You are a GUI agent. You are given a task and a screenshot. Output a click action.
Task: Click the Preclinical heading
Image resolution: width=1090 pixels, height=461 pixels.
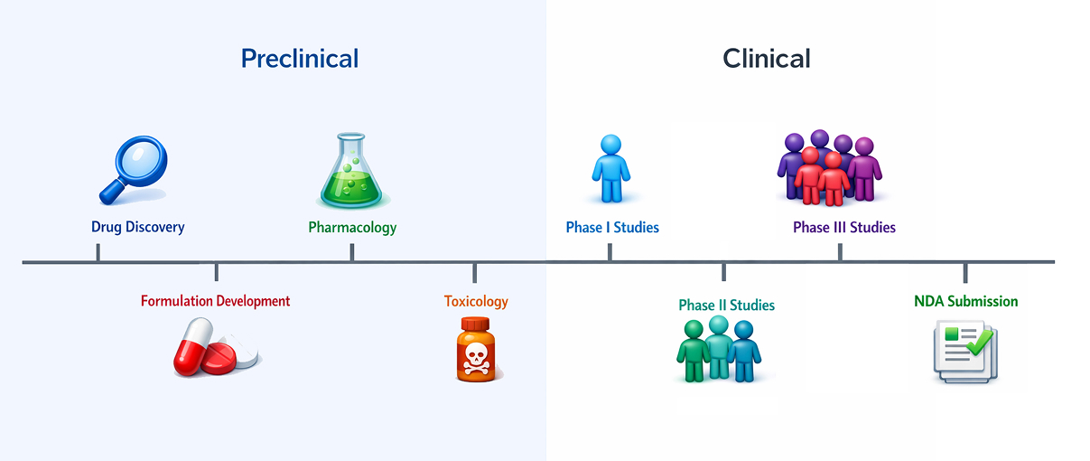(300, 59)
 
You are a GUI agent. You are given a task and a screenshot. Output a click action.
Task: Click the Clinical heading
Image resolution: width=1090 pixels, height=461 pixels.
(767, 59)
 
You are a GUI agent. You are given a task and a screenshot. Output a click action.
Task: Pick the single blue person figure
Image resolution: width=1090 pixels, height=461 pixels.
(610, 169)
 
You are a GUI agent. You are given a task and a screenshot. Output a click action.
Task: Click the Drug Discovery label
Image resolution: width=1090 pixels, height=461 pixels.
(138, 227)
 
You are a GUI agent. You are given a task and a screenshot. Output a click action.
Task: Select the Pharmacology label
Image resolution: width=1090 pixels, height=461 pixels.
(352, 227)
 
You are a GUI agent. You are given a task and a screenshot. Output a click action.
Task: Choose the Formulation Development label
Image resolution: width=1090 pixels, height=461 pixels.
(216, 301)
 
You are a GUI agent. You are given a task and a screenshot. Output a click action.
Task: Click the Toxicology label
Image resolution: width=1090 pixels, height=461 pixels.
(476, 301)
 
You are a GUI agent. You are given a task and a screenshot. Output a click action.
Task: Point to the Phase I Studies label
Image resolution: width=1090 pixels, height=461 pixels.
(612, 227)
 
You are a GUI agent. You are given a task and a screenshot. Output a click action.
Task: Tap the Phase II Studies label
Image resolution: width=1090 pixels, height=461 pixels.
(727, 306)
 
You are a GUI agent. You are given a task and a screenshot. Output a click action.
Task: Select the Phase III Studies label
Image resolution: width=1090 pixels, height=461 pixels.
(844, 227)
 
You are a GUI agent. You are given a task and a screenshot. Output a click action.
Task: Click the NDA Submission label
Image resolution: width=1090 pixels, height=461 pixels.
(966, 301)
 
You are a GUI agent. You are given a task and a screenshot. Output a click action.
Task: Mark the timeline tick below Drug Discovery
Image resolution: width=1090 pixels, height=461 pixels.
(98, 253)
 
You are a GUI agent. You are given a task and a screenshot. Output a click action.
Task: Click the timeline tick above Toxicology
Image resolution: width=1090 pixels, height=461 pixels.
(475, 272)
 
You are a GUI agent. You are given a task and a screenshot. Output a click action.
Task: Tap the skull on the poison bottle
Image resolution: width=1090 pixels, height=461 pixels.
(476, 357)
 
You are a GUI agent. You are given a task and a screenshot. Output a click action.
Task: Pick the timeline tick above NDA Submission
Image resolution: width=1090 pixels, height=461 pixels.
(965, 272)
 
